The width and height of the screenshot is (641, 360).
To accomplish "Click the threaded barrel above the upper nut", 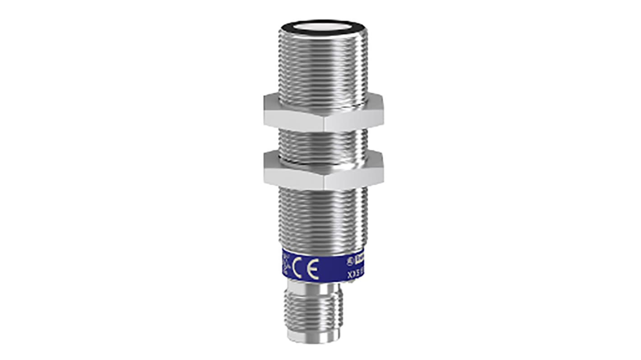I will [x=323, y=63].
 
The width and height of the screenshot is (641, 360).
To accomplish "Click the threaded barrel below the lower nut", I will [x=323, y=221].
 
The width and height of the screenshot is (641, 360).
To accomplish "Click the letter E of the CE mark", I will [x=312, y=269].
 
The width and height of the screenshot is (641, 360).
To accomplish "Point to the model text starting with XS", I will [x=356, y=273].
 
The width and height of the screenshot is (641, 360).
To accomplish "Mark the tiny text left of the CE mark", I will [x=285, y=263].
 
